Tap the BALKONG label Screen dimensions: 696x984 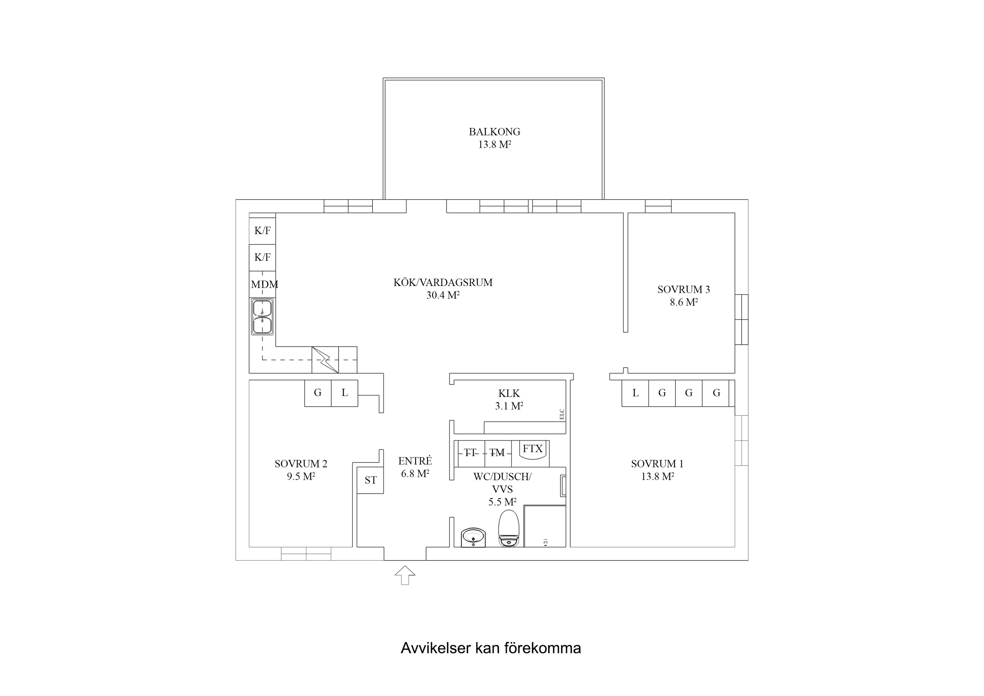coord(494,132)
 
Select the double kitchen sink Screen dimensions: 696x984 coord(262,317)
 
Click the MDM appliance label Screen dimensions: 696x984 coord(264,284)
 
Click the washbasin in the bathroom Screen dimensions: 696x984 coord(473,537)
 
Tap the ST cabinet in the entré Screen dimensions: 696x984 coord(370,480)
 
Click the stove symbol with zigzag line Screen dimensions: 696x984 coord(325,360)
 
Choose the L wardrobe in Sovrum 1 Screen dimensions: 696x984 coord(635,393)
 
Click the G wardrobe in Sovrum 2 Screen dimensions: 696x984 coord(318,393)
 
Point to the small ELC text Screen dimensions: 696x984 coord(562,414)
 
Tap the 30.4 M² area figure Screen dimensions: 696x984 coord(443,295)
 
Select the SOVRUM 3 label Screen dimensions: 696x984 coord(684,290)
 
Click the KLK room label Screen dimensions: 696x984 coord(509,393)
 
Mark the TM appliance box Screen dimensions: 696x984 coord(498,453)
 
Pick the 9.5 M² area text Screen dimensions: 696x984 coord(301,477)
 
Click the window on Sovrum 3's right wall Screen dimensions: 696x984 coord(741,319)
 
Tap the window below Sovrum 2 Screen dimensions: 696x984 coord(306,554)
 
